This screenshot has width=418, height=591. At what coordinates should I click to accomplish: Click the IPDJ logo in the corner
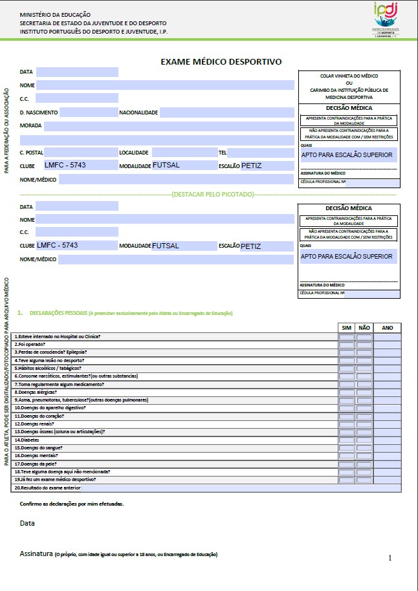388,19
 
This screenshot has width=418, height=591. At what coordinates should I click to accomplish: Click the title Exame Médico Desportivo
221,62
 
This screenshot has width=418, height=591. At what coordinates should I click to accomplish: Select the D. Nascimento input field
87,113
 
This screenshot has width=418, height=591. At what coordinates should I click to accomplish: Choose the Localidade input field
183,153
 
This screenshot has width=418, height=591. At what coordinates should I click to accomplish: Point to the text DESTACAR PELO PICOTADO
212,193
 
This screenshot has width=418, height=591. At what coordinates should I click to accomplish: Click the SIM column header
347,328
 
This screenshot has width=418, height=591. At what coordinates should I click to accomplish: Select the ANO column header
387,328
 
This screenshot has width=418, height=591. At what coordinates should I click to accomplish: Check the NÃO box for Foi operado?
364,345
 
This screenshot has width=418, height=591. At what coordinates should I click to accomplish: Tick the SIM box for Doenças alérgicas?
347,392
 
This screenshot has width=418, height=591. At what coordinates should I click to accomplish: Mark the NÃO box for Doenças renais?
364,424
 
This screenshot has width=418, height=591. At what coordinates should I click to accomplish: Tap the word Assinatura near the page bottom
36,554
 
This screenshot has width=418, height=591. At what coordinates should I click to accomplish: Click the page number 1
390,557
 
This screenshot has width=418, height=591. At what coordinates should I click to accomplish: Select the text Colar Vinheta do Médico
349,76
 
